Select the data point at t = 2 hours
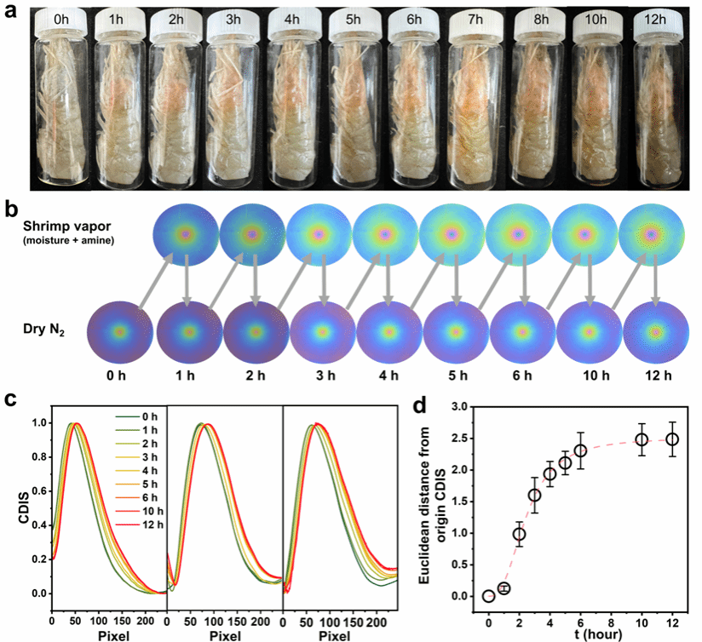pyautogui.click(x=519, y=534)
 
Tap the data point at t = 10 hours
pyautogui.click(x=642, y=439)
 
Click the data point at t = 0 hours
pyautogui.click(x=488, y=596)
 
